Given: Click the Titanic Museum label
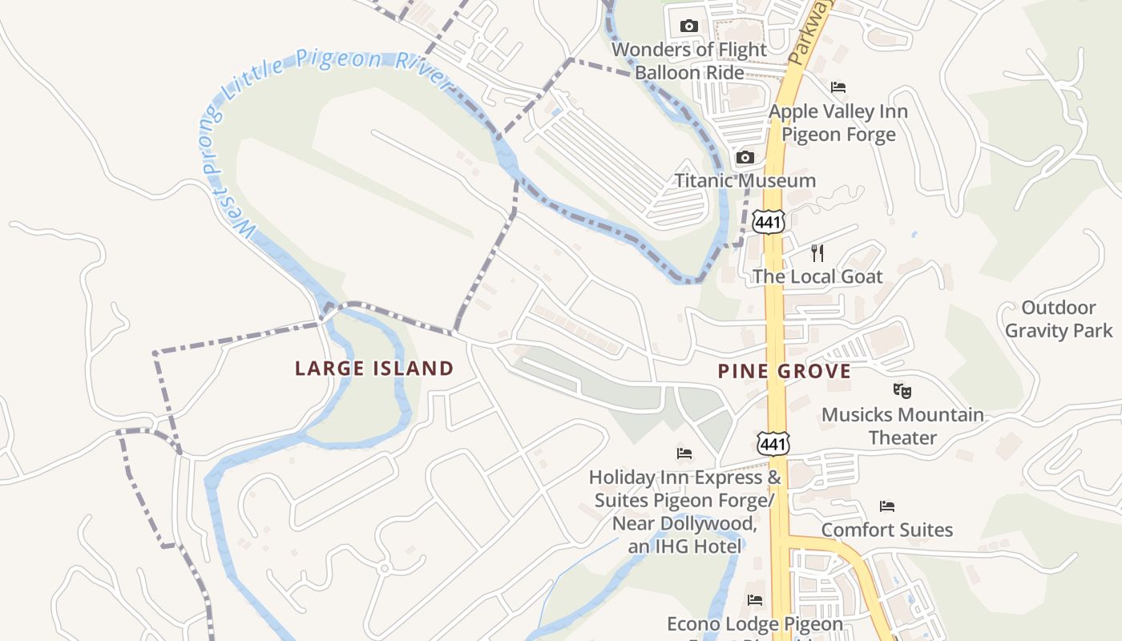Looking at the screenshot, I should coord(745,180).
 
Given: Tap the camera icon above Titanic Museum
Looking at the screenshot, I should coord(745,157).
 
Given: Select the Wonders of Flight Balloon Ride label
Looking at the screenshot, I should coord(689,61).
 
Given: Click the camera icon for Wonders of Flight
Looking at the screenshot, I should coord(688,26).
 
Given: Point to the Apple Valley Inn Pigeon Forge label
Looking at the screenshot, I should coord(838,123).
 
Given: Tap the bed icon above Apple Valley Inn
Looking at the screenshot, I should coord(838,87).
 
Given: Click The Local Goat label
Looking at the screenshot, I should coord(817,276).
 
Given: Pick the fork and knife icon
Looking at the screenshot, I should coord(817,253).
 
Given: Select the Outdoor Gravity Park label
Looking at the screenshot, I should coord(1059,319).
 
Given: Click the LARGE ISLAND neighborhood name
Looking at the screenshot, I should coord(374,369).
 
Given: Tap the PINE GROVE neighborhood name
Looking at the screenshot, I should coord(784,371).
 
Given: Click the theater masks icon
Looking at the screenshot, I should coord(902,391).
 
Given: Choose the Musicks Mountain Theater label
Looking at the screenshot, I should coord(902,426).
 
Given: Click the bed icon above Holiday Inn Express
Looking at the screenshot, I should coord(684,454).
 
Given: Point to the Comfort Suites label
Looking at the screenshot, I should coord(886,530).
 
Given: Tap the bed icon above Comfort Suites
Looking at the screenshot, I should coord(886,506).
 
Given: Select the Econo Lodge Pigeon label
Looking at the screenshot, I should coord(755,623).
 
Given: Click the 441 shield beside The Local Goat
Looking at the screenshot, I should coord(768,222).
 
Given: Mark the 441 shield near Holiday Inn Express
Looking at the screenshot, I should coord(773,442).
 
